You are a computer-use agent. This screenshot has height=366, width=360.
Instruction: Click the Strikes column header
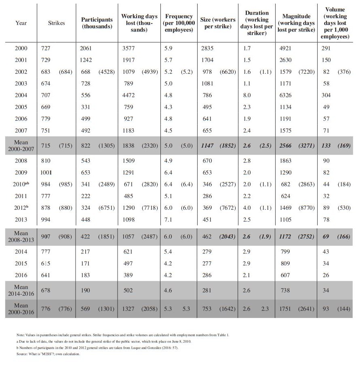56,23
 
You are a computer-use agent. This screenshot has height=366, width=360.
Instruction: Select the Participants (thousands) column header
97,23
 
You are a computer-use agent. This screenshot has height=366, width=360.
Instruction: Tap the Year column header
21,23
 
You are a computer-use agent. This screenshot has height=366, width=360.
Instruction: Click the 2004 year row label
21,95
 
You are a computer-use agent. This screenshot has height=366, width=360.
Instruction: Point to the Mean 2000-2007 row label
21,145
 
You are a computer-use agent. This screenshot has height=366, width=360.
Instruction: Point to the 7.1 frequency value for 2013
168,220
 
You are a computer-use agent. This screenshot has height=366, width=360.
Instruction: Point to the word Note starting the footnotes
21,335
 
